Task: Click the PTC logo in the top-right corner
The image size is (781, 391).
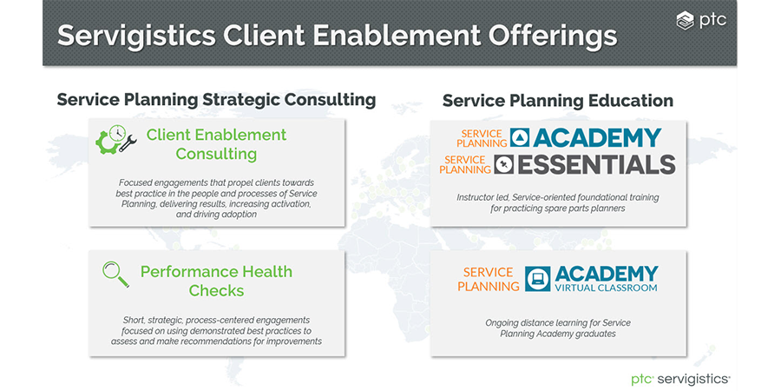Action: pyautogui.click(x=701, y=21)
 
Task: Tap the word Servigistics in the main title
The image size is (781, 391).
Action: pyautogui.click(x=136, y=36)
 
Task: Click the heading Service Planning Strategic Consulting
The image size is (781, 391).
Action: pyautogui.click(x=216, y=100)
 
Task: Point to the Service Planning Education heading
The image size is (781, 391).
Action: pyautogui.click(x=558, y=101)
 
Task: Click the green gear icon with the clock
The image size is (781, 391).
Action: pyautogui.click(x=110, y=139)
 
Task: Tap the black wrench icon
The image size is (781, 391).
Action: pyautogui.click(x=128, y=143)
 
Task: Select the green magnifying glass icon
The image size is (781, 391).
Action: pyautogui.click(x=115, y=275)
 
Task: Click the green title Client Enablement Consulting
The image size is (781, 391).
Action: pyautogui.click(x=216, y=144)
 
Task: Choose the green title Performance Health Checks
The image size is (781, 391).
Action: pyautogui.click(x=216, y=281)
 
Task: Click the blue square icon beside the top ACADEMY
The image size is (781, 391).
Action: pyautogui.click(x=520, y=138)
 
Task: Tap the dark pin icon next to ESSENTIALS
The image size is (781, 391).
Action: pyautogui.click(x=503, y=164)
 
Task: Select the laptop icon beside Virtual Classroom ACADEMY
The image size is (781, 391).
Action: pyautogui.click(x=538, y=279)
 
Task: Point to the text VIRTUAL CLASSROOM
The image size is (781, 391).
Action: pyautogui.click(x=607, y=288)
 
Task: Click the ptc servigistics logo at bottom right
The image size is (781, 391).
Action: pyautogui.click(x=681, y=379)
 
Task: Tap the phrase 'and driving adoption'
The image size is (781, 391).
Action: pyautogui.click(x=216, y=215)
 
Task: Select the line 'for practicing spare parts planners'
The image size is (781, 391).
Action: pyautogui.click(x=557, y=209)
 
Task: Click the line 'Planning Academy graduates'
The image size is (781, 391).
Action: pyautogui.click(x=558, y=333)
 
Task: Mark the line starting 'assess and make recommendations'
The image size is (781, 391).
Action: pyautogui.click(x=216, y=341)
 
